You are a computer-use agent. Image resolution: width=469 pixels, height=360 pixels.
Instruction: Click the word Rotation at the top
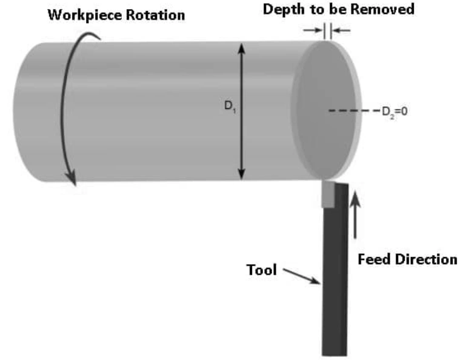pos(155,15)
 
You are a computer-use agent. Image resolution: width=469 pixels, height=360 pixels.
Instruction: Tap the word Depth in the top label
pos(280,10)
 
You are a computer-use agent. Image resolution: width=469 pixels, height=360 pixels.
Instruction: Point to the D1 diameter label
pos(229,106)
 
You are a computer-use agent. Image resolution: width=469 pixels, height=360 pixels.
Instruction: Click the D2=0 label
pos(394,111)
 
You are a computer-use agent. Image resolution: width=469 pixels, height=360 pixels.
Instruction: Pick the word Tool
pos(261,270)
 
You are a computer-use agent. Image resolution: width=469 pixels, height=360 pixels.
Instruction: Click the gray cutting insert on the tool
pos(328,195)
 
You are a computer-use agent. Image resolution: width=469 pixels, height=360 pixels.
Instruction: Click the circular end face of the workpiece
pos(324,109)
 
